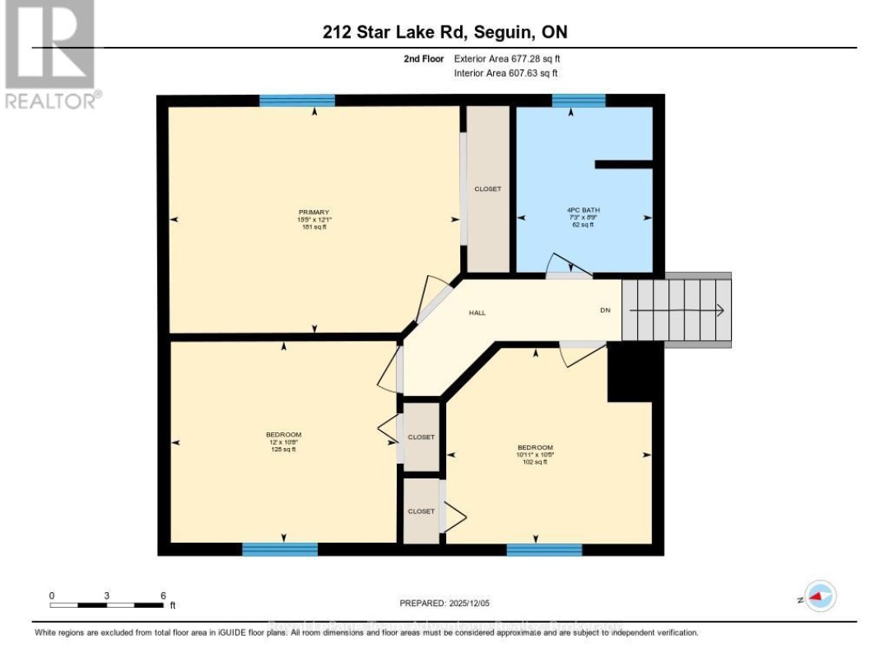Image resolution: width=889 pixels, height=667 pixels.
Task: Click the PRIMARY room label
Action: point(313,212)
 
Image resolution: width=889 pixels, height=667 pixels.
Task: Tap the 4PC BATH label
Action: point(583,211)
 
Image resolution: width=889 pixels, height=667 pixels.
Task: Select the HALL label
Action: point(477,313)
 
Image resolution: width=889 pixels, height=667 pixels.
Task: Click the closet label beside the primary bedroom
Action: point(487,189)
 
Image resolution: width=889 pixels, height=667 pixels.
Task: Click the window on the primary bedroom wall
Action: point(297,100)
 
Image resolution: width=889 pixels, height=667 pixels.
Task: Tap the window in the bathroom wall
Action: point(578,100)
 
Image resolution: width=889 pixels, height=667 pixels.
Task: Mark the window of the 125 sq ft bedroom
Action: point(280,549)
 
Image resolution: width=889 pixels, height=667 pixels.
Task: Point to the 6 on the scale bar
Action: point(163,595)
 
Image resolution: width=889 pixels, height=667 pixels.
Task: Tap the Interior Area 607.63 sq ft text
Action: point(505,73)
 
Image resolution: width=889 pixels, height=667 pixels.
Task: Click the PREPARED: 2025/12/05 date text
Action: point(444,604)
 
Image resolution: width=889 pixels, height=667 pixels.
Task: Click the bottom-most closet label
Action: point(421,511)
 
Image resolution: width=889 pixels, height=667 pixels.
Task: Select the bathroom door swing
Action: point(570,266)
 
